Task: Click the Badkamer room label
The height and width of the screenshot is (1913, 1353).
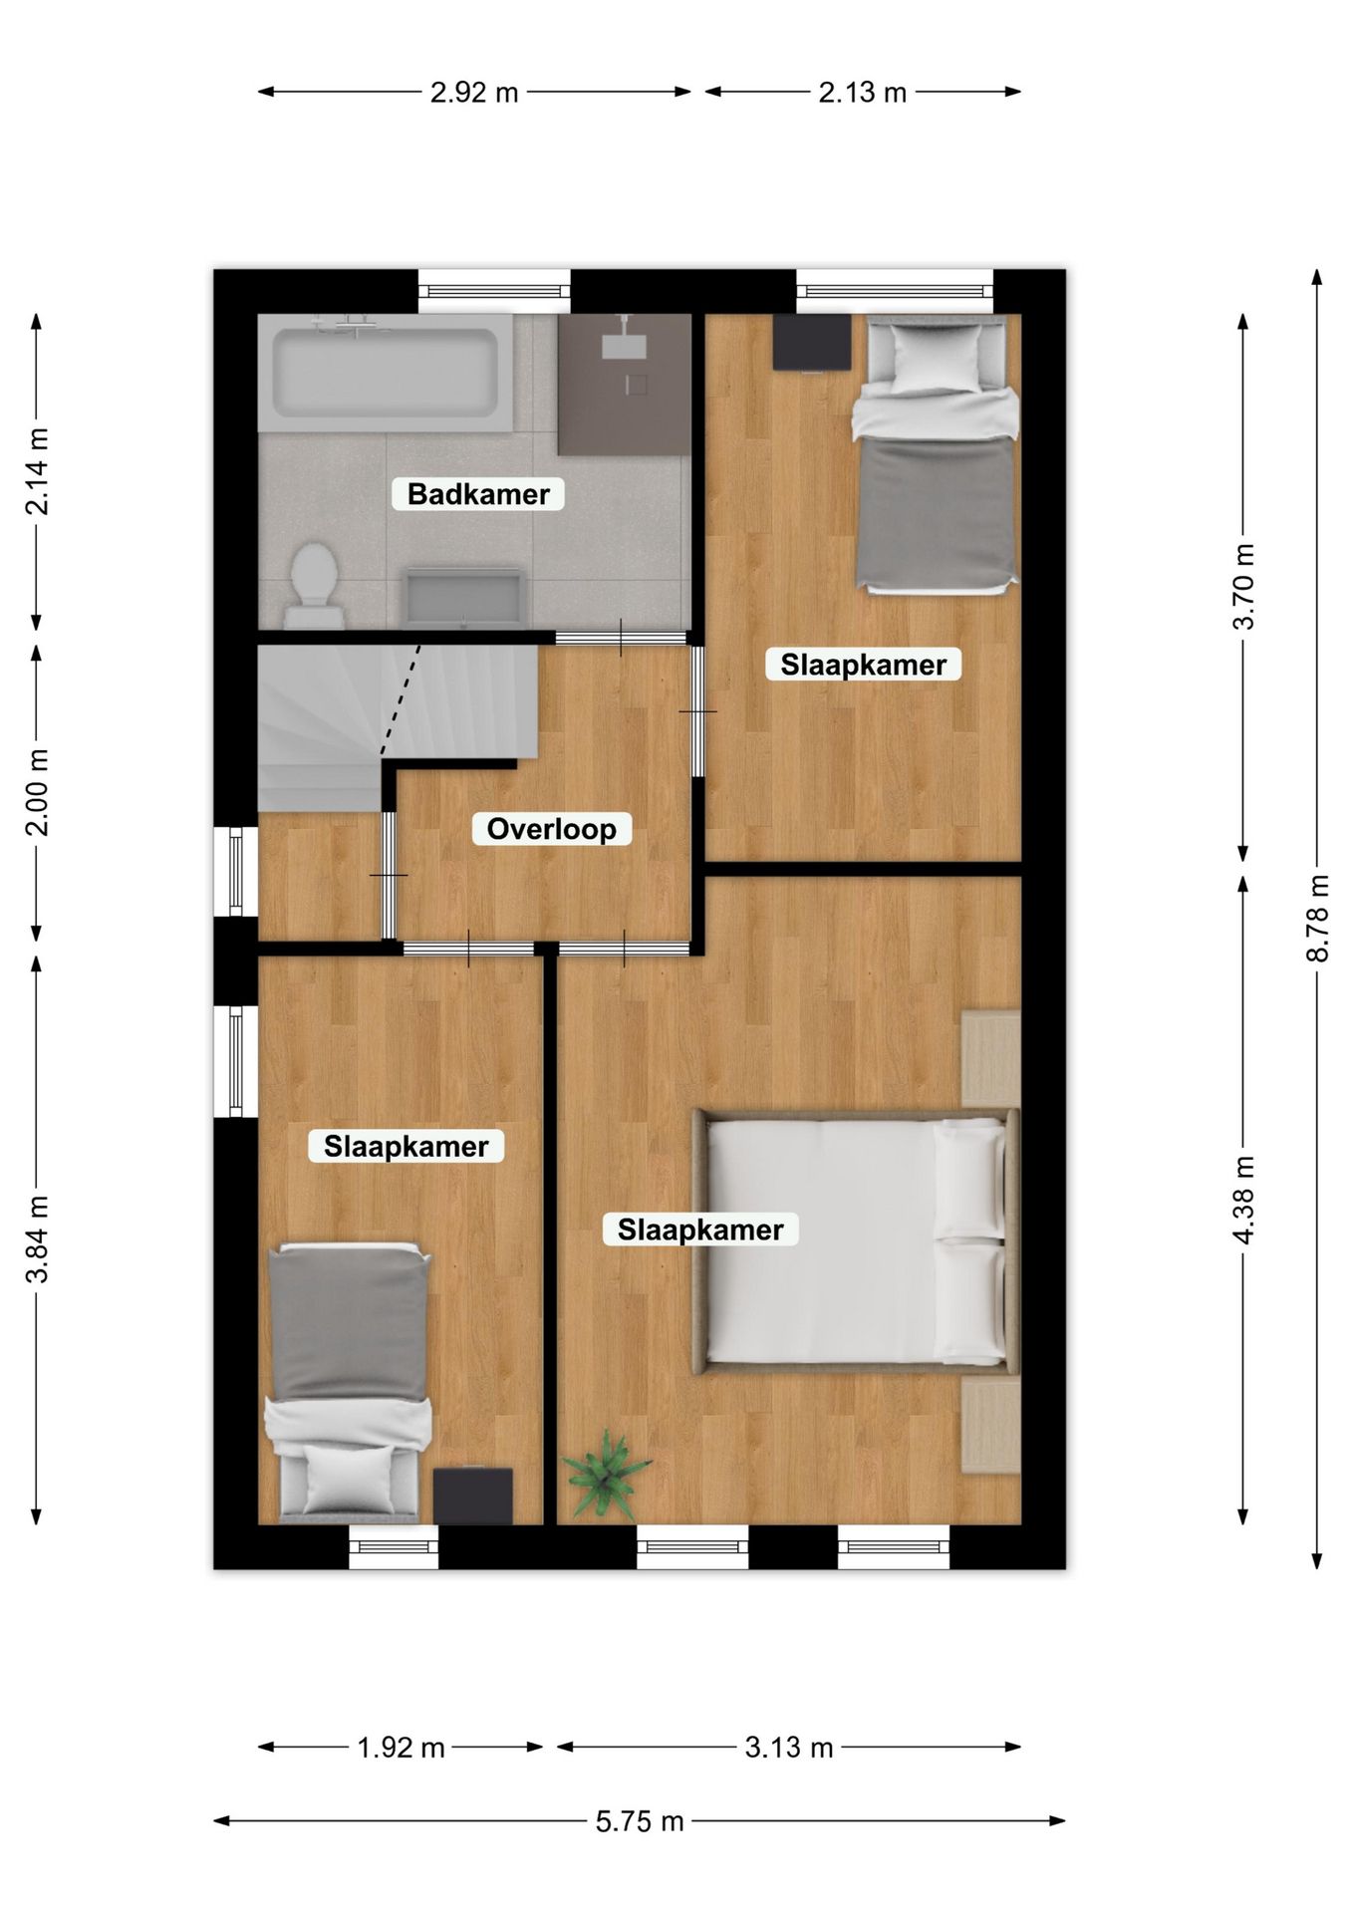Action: coord(478,493)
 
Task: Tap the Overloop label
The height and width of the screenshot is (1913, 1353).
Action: coord(551,829)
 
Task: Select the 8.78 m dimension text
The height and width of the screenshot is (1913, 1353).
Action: coord(1318,918)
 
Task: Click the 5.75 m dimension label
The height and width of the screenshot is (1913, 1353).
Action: coord(640,1821)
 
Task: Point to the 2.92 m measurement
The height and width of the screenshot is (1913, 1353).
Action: coord(474,92)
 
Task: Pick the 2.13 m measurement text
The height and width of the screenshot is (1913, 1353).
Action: coord(863,92)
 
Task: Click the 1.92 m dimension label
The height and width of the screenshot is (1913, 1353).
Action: coord(401,1747)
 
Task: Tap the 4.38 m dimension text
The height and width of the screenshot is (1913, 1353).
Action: coord(1242,1199)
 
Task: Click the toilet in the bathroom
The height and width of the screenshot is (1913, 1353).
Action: coord(314,586)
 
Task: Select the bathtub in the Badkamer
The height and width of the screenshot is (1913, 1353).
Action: coord(386,373)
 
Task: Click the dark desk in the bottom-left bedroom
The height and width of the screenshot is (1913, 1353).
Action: coord(473,1496)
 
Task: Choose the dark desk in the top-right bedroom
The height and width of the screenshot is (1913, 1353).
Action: coord(812,343)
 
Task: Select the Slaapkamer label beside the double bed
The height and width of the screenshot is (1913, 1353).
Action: coord(700,1230)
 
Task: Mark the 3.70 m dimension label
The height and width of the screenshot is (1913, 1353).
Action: coord(1242,587)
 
